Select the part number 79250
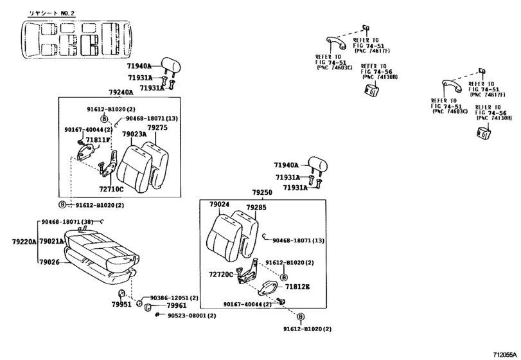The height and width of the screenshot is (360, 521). pyautogui.click(x=262, y=192)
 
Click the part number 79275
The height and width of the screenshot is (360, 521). pyautogui.click(x=157, y=128)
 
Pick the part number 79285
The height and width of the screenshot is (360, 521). pyautogui.click(x=256, y=208)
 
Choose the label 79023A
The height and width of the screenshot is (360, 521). pyautogui.click(x=134, y=134)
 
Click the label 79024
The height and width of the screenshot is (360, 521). pyautogui.click(x=219, y=204)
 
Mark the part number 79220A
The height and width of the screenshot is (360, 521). pyautogui.click(x=24, y=241)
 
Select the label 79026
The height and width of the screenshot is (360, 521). pyautogui.click(x=49, y=262)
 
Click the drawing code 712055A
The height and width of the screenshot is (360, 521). pyautogui.click(x=505, y=354)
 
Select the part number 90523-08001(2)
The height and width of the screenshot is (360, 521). pyautogui.click(x=191, y=316)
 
